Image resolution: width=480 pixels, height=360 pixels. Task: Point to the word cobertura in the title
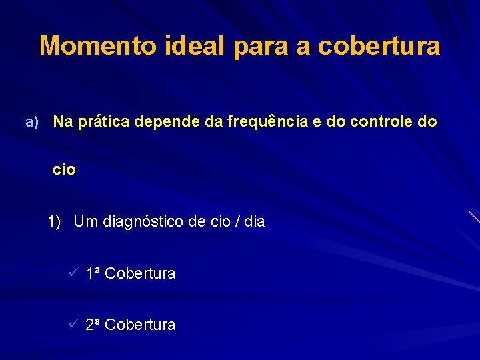click(379, 46)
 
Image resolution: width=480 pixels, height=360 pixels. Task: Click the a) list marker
click(32, 122)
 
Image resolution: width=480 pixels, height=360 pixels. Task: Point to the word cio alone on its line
click(65, 170)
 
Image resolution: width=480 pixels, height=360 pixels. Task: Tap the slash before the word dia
click(237, 221)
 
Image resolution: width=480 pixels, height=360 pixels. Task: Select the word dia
click(254, 221)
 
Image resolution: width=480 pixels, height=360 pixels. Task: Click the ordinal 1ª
click(93, 273)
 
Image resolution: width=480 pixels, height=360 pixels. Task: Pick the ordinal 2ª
click(93, 325)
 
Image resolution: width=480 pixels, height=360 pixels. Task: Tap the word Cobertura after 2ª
click(140, 325)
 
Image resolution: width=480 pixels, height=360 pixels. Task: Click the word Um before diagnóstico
click(85, 221)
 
